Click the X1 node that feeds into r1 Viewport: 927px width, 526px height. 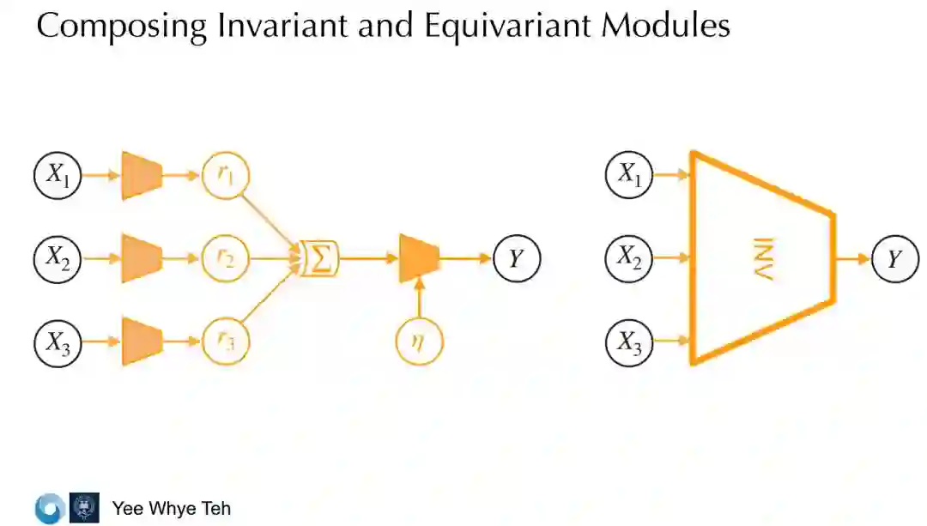pos(57,176)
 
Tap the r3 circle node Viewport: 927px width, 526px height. pos(225,341)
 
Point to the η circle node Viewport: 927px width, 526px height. pos(419,341)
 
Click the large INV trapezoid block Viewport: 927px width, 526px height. pos(762,257)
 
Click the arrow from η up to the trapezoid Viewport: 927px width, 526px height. pos(419,300)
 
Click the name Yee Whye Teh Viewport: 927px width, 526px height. pos(172,508)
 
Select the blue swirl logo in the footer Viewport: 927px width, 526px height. pos(50,508)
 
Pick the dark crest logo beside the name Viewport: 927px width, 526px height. pos(84,507)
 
